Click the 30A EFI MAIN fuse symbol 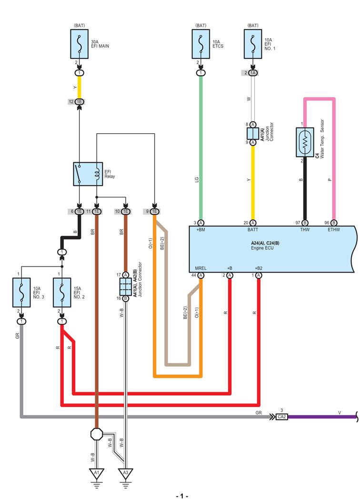(x=80, y=44)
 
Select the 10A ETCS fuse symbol (x=201, y=44)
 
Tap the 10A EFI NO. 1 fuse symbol (x=253, y=44)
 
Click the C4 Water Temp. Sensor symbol (x=305, y=142)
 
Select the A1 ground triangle (x=97, y=473)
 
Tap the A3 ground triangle (x=126, y=473)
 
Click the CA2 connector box (x=281, y=417)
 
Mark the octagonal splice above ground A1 (x=97, y=434)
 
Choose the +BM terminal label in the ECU (x=201, y=230)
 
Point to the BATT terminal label (x=253, y=230)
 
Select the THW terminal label (x=305, y=230)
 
